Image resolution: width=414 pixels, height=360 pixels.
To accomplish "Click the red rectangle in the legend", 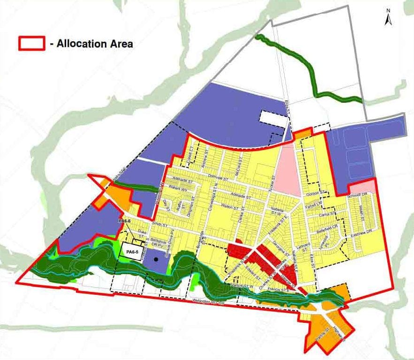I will (x=31, y=44).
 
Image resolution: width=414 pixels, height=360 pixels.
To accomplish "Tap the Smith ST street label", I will (x=159, y=225).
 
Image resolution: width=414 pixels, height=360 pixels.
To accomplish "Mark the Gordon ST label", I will (x=316, y=193).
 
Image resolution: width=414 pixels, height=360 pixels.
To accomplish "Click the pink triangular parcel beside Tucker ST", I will (x=289, y=171).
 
